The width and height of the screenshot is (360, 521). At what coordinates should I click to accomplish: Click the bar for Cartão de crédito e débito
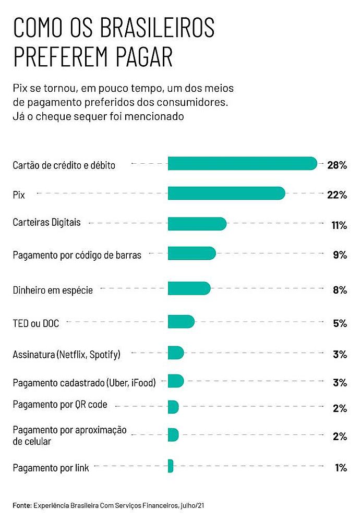coord(242,163)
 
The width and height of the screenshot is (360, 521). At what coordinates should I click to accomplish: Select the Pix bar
coord(226,193)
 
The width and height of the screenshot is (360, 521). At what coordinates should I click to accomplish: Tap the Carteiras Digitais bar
coord(197,224)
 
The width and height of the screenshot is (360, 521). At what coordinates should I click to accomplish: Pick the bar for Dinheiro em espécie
coord(189,288)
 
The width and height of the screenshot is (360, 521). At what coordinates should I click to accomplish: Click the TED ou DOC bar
coord(181,322)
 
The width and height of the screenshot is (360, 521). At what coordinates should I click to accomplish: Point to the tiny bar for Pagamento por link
coord(171,466)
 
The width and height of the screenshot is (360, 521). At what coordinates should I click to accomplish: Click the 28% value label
coord(337,165)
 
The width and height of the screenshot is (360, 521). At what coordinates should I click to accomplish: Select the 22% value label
coord(337,195)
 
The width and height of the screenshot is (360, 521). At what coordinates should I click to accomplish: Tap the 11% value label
coord(339,225)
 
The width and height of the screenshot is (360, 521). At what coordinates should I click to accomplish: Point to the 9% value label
coord(340,255)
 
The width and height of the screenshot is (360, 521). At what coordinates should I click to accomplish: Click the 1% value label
coord(341,468)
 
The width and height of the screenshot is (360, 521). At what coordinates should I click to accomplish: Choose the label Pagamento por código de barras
coord(77,255)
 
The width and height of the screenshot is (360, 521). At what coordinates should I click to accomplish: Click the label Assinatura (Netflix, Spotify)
coord(66,355)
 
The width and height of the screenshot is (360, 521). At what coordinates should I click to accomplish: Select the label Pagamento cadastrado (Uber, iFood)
coord(84,383)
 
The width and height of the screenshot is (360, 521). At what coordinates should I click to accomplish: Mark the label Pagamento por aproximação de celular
coord(69,435)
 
